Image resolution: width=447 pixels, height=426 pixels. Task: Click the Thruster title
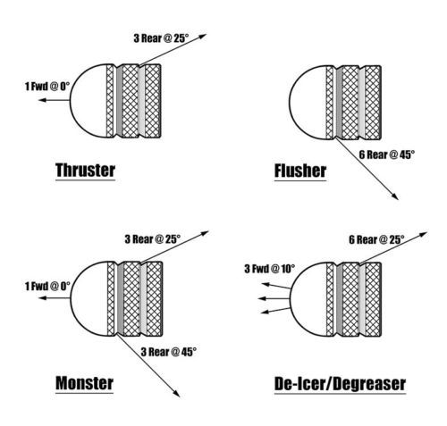85,171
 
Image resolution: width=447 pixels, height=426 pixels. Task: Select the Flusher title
300,171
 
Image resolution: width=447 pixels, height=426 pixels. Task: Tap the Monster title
84,383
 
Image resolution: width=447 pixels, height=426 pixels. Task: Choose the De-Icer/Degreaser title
340,384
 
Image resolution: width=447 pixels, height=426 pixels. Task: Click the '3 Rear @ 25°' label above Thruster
161,38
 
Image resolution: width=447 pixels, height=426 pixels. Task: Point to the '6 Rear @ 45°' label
387,155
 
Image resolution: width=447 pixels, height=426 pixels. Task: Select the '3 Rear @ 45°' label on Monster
169,352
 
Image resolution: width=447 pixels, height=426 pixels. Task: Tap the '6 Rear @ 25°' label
376,239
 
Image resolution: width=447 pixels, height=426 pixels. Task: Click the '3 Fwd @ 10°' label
270,269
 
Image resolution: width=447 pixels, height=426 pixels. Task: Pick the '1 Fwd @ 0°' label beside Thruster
47,87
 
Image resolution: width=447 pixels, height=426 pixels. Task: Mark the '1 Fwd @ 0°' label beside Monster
47,287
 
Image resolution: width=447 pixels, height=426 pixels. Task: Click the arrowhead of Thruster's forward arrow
42,100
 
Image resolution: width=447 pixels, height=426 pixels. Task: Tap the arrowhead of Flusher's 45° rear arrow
395,196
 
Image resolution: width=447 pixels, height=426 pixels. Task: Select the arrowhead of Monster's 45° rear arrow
176,393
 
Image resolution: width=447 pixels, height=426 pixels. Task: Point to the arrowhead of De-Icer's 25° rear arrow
424,234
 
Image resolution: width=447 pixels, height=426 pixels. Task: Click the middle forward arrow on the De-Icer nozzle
274,298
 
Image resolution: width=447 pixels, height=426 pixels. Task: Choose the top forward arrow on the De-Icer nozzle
276,286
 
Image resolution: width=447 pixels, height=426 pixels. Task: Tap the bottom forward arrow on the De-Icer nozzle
275,311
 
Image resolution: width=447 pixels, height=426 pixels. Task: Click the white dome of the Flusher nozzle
308,102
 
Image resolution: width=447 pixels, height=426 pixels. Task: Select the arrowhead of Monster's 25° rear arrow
204,233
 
